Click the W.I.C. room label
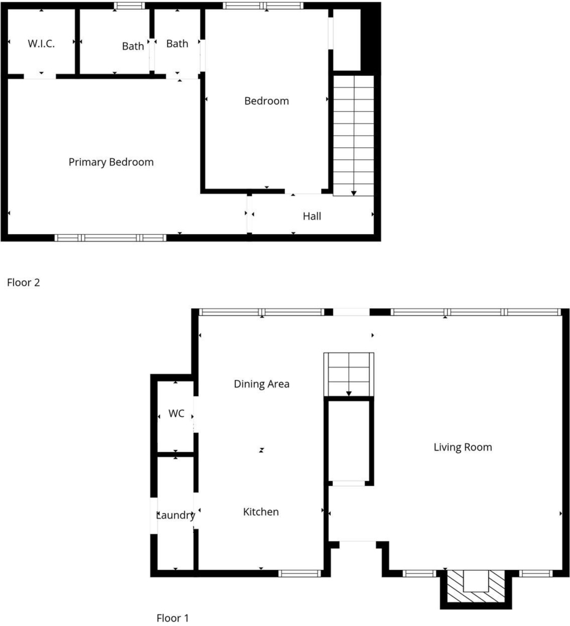41,43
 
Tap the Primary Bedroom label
111,162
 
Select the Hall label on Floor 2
312,216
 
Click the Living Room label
462,447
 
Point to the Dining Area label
262,384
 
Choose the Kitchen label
261,512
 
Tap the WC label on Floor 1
176,413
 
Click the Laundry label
176,515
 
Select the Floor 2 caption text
24,282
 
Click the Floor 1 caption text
172,618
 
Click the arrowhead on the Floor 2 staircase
353,193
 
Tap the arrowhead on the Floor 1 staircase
349,394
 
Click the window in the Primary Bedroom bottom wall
110,238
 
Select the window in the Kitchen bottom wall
300,573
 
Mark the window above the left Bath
130,6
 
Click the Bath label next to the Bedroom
177,43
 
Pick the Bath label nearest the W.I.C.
133,46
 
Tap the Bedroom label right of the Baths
267,101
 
